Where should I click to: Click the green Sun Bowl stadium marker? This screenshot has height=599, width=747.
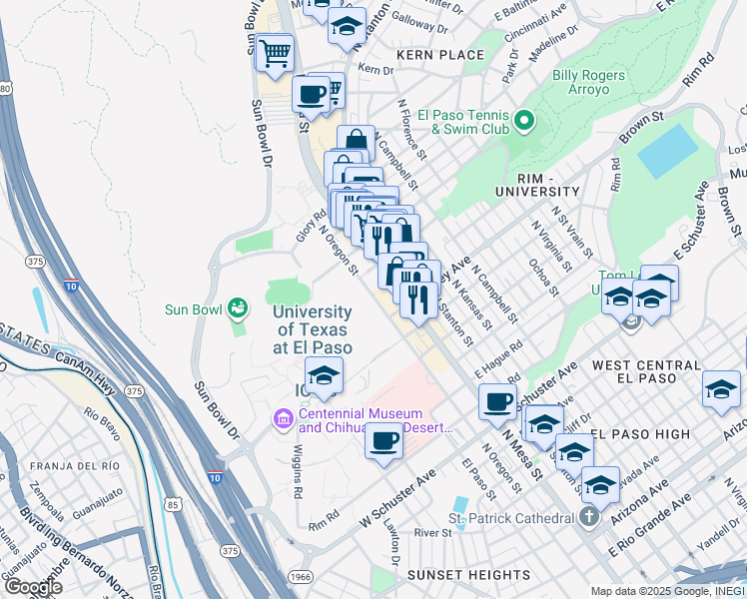pyautogui.click(x=237, y=307)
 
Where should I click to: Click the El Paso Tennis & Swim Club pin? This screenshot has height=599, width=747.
pyautogui.click(x=524, y=123)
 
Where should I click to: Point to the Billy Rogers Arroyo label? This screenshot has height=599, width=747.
pyautogui.click(x=594, y=82)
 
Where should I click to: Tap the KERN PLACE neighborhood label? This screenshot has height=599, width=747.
pyautogui.click(x=440, y=55)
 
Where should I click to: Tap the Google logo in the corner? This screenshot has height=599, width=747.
pyautogui.click(x=34, y=586)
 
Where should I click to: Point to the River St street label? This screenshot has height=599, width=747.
pyautogui.click(x=433, y=534)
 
